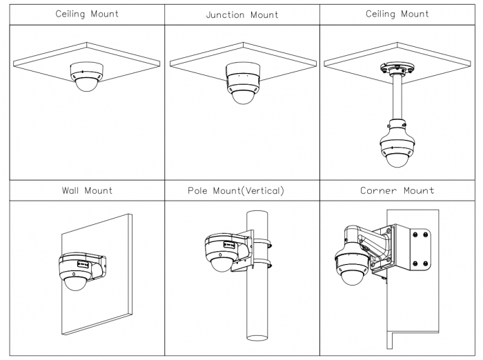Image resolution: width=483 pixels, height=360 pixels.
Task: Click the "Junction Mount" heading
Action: pyautogui.click(x=241, y=14)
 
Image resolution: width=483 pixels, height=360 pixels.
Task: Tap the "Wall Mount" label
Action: pyautogui.click(x=86, y=190)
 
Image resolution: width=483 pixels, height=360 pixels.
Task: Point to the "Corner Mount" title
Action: pyautogui.click(x=397, y=190)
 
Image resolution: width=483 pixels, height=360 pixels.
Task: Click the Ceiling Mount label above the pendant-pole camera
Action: pyautogui.click(x=397, y=13)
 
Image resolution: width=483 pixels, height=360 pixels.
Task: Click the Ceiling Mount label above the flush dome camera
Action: pyautogui.click(x=86, y=13)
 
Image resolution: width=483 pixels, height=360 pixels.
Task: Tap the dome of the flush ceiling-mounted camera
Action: pyautogui.click(x=88, y=87)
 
